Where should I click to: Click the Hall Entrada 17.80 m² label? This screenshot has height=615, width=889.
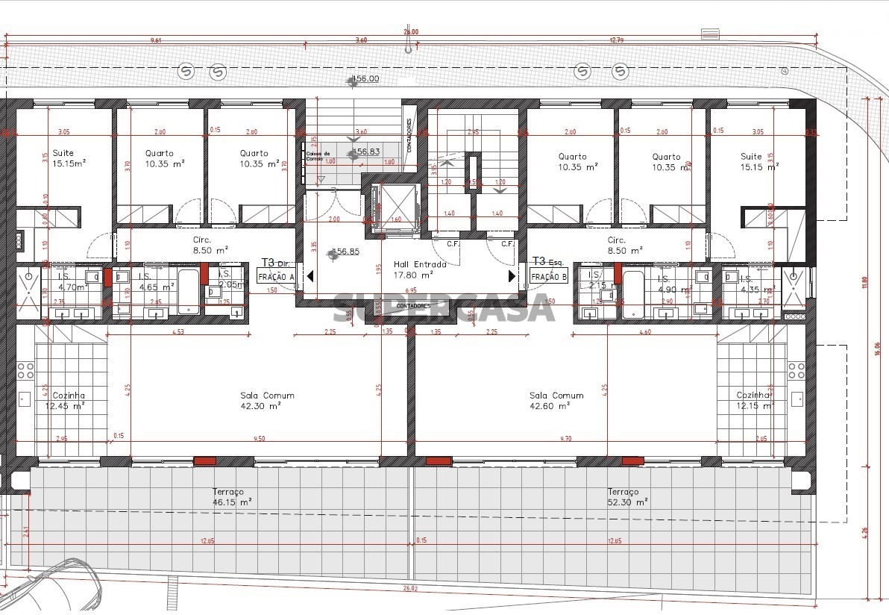(x=419, y=269)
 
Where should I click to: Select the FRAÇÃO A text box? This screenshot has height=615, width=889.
(x=276, y=276)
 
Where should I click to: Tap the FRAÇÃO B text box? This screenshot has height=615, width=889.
(x=549, y=276)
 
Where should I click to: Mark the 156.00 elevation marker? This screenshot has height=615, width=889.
(x=364, y=78)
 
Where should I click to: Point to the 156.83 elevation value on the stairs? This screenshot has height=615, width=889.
(x=365, y=152)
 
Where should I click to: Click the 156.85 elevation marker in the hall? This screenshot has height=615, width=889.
(x=345, y=252)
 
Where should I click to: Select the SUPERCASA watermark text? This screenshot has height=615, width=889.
(x=443, y=307)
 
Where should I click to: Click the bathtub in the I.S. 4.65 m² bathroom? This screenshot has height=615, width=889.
(x=188, y=292)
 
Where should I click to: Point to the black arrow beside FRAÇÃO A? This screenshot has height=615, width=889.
(x=310, y=276)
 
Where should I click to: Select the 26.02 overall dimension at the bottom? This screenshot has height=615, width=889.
(x=409, y=588)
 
